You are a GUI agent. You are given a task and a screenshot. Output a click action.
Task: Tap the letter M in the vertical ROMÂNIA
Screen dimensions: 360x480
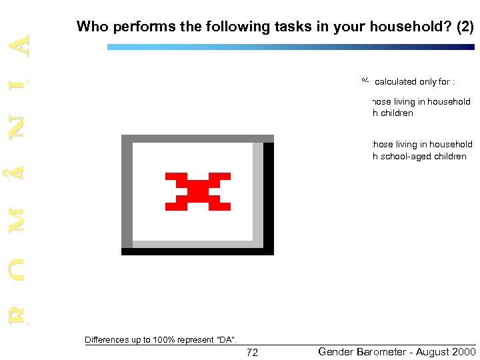(x=23, y=219)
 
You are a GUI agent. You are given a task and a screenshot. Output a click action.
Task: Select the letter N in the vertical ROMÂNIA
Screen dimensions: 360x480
(x=23, y=125)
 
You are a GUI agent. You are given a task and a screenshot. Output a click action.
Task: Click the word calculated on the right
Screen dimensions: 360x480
(x=396, y=82)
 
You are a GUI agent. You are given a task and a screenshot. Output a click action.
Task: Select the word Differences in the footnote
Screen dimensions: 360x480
(x=107, y=340)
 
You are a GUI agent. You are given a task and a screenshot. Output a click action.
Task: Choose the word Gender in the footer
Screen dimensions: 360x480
(x=336, y=351)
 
